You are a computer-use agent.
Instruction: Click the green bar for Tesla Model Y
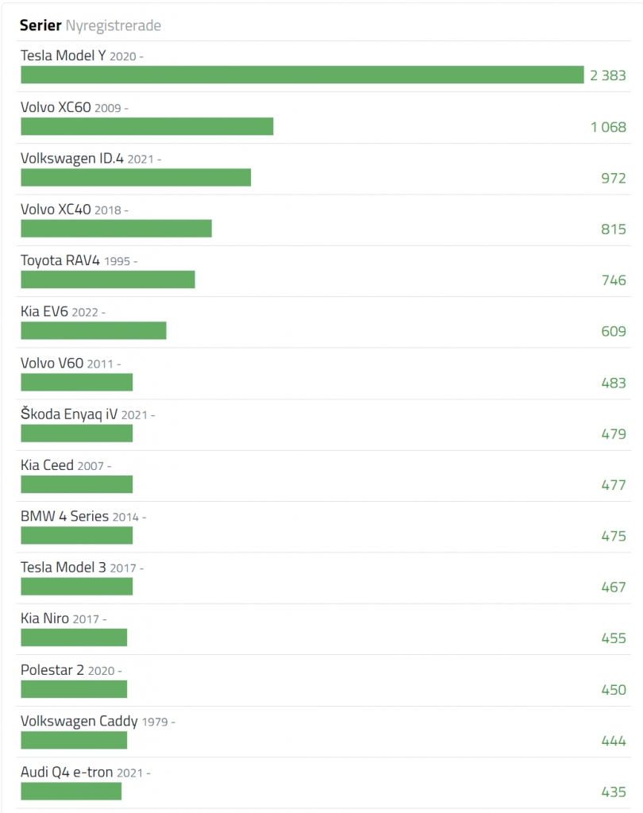point(302,75)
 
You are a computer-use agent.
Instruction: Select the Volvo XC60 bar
point(147,126)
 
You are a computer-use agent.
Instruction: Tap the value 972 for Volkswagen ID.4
point(613,178)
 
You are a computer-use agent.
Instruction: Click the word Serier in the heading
point(40,26)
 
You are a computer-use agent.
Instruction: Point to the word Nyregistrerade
point(114,26)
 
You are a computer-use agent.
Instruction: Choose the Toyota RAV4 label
point(60,260)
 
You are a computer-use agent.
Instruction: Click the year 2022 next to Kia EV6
point(85,312)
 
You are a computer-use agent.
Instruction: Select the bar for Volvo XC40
point(116,229)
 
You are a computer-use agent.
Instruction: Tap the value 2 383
point(607,75)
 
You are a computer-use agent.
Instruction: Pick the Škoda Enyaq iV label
point(69,414)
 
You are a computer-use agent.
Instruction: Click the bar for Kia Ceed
point(76,484)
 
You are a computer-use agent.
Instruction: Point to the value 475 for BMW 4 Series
point(613,536)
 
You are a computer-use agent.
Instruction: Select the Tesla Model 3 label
point(63,567)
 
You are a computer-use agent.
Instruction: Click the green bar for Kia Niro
point(74,638)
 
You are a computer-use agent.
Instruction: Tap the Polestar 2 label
point(52,669)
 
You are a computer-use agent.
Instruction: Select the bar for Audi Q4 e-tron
point(71,791)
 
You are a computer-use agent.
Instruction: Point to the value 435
point(613,792)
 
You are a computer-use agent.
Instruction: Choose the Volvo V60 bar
point(76,382)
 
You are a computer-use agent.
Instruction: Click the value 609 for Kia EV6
point(613,331)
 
